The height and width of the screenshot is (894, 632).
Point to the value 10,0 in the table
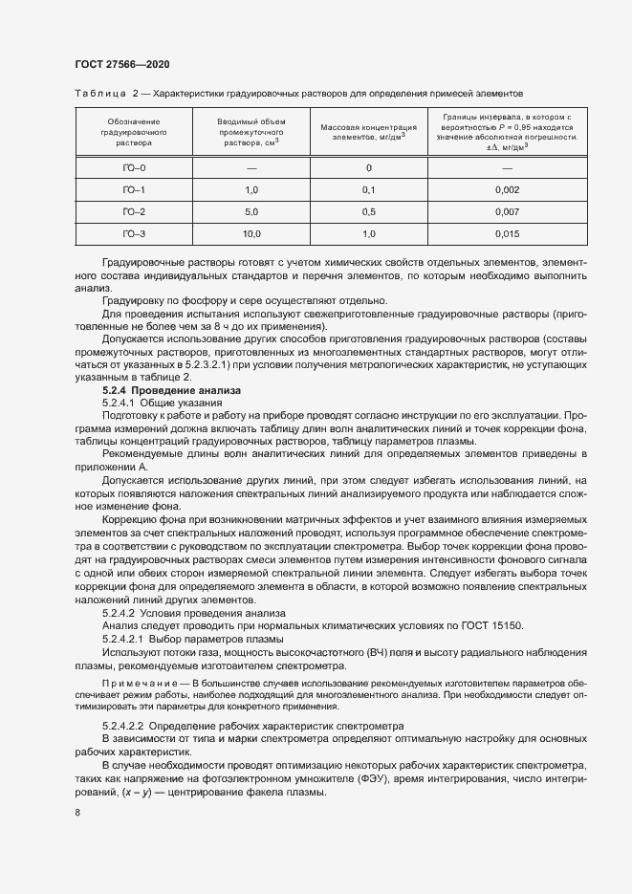pos(251,234)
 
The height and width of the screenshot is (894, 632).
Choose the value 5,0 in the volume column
pos(251,211)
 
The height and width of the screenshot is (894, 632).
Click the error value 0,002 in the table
pos(507,190)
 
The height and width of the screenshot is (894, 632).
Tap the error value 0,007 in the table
pos(507,211)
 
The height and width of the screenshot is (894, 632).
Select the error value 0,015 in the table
pos(507,234)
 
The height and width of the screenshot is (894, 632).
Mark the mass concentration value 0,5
pos(368,211)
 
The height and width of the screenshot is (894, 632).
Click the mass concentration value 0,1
pos(368,190)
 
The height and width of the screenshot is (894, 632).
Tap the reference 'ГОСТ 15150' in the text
pos(496,624)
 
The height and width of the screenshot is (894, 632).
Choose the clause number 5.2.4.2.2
pos(124,727)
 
